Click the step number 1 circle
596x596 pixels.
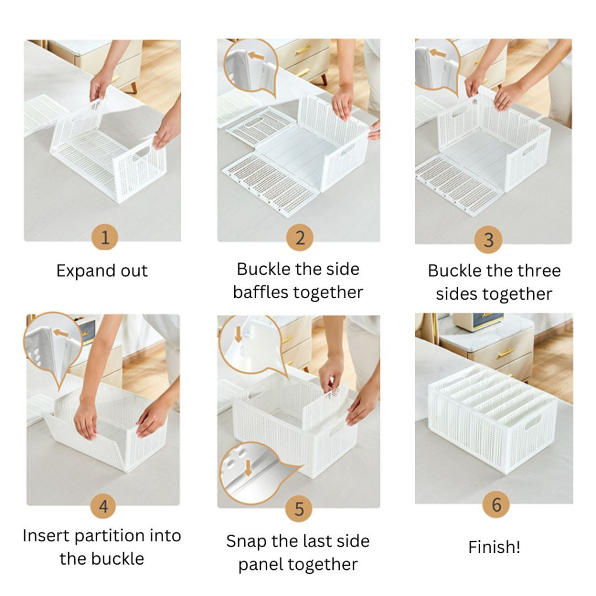[105, 237]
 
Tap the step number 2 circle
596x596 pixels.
[300, 237]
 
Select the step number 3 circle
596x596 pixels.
[488, 239]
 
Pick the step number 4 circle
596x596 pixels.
[104, 506]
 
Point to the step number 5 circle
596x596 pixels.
[299, 509]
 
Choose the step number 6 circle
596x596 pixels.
[496, 505]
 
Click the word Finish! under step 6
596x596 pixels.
[494, 547]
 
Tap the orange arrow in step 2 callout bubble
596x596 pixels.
[256, 56]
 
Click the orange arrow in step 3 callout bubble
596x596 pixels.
[438, 53]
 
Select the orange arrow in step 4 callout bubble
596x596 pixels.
[61, 334]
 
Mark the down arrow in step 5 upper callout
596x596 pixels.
[238, 335]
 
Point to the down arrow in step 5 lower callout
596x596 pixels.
[248, 468]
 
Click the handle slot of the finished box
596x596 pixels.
[533, 422]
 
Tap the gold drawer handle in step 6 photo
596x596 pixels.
[506, 353]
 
